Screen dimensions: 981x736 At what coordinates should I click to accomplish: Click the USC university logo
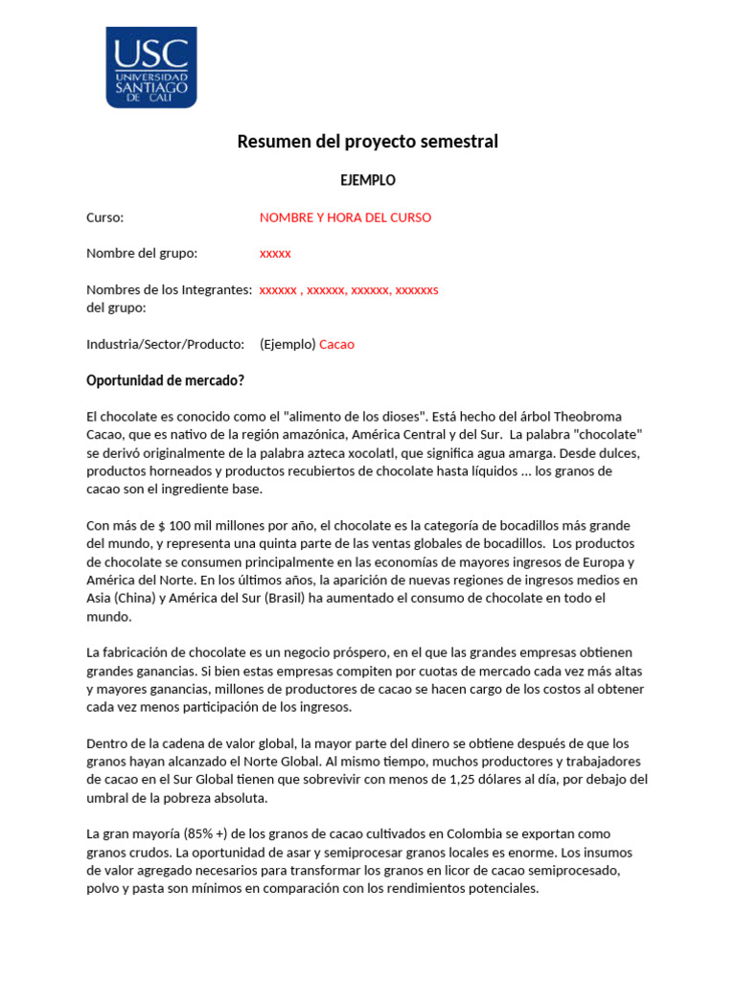[151, 67]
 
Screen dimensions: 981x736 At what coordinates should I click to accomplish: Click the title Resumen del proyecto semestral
[368, 142]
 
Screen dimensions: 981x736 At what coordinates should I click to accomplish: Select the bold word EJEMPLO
[368, 180]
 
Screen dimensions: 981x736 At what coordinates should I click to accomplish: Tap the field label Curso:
[105, 217]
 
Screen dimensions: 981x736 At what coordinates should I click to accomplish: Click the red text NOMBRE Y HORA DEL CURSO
[345, 217]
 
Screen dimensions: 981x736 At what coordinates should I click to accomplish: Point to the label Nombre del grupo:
[142, 253]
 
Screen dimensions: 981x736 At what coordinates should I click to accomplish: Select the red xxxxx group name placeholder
[275, 254]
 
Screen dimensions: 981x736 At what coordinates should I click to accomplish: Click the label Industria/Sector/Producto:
[166, 344]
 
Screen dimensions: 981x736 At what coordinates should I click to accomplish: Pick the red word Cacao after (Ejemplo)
[336, 344]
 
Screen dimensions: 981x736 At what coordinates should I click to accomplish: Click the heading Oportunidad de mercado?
[165, 380]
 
